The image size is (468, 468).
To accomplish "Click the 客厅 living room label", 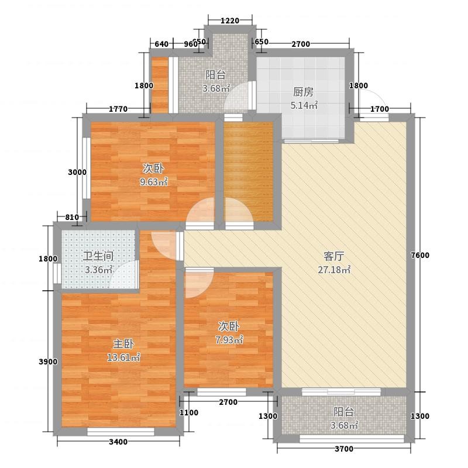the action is (333, 256).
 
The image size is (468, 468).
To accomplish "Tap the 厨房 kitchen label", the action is (303, 92).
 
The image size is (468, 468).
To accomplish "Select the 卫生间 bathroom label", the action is (98, 256).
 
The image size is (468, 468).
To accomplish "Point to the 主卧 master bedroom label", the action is (123, 344).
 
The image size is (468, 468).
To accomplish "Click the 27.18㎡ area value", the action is (334, 270).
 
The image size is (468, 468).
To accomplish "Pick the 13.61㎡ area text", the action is (123, 357).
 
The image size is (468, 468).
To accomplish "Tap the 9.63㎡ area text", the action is (154, 182).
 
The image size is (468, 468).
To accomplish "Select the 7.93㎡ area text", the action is (229, 340).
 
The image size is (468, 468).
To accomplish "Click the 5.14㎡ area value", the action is (304, 105).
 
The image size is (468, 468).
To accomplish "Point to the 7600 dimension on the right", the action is (420, 255).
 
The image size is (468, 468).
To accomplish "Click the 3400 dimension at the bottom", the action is (118, 442).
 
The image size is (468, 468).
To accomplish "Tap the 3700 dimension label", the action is (344, 449).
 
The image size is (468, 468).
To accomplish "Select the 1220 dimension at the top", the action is (230, 20).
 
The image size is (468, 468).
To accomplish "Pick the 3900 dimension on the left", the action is (48, 362).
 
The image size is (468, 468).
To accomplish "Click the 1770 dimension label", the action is (118, 109).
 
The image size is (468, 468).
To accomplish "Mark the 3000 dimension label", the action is (77, 172).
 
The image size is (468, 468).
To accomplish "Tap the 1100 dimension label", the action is (189, 412).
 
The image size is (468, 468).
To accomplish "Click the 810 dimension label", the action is (72, 217).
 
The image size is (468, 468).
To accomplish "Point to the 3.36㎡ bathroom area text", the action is (99, 270).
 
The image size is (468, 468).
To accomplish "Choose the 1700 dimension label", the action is (380, 109).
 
